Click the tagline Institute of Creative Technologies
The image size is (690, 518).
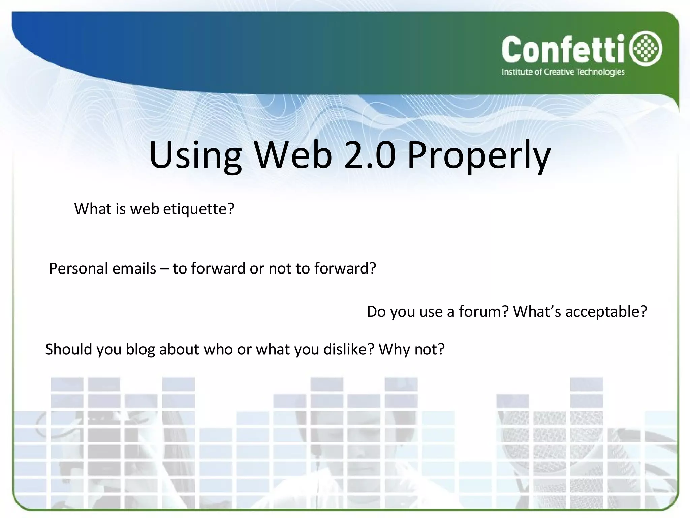pyautogui.click(x=563, y=72)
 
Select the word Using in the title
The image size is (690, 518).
pyautogui.click(x=195, y=156)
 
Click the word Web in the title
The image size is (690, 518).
pyautogui.click(x=293, y=156)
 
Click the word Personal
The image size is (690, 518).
pyautogui.click(x=79, y=269)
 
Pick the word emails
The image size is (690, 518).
pyautogui.click(x=134, y=269)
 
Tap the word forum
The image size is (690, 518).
pyautogui.click(x=480, y=312)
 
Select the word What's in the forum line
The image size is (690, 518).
pyautogui.click(x=537, y=312)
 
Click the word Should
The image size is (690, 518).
pyautogui.click(x=68, y=349)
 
